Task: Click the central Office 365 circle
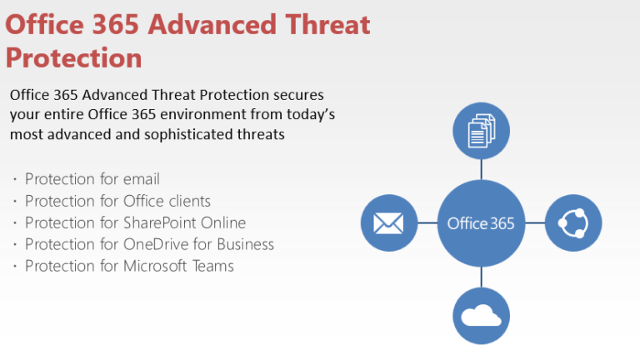(x=481, y=223)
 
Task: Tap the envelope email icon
(x=388, y=223)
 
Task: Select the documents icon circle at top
(x=481, y=131)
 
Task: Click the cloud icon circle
(x=481, y=316)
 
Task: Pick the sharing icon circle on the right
(x=573, y=223)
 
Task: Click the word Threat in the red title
(x=322, y=24)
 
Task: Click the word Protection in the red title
(x=73, y=57)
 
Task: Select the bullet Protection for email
(x=92, y=179)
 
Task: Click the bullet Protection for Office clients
(x=117, y=201)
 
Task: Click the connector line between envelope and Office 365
(x=427, y=223)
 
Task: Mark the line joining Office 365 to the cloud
(x=481, y=277)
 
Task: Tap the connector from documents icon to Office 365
(x=481, y=169)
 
